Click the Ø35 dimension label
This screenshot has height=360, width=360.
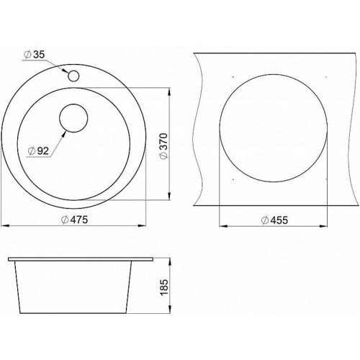[x=35, y=55]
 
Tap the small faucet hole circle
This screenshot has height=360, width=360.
[x=73, y=76]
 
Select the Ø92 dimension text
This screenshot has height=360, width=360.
[x=38, y=150]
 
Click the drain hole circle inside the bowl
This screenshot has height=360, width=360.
[x=73, y=118]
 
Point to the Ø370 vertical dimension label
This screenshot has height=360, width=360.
[x=164, y=146]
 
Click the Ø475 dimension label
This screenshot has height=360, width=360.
[x=75, y=220]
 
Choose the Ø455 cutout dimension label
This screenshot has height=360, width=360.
[x=274, y=220]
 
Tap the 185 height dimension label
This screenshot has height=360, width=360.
[x=164, y=287]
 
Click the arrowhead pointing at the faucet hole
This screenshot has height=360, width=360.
[x=66, y=71]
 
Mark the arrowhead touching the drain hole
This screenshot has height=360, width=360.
[x=63, y=134]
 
